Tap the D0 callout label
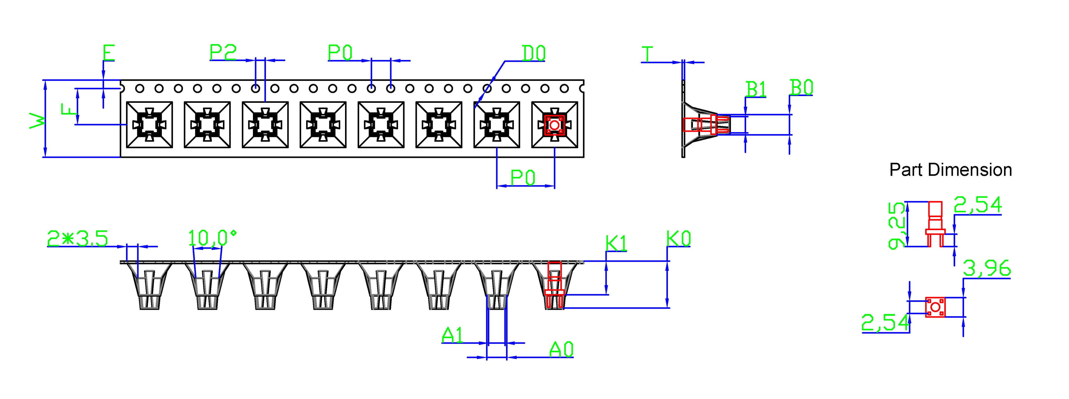coord(533,53)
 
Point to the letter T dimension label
coord(647,54)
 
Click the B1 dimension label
coord(756,89)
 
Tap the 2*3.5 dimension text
coord(78,239)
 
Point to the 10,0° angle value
coord(212,239)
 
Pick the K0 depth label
coord(679,239)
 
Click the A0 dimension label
coord(561,350)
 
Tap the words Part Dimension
coord(950,170)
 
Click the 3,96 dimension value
coord(987,268)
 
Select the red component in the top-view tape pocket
coord(554,125)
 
